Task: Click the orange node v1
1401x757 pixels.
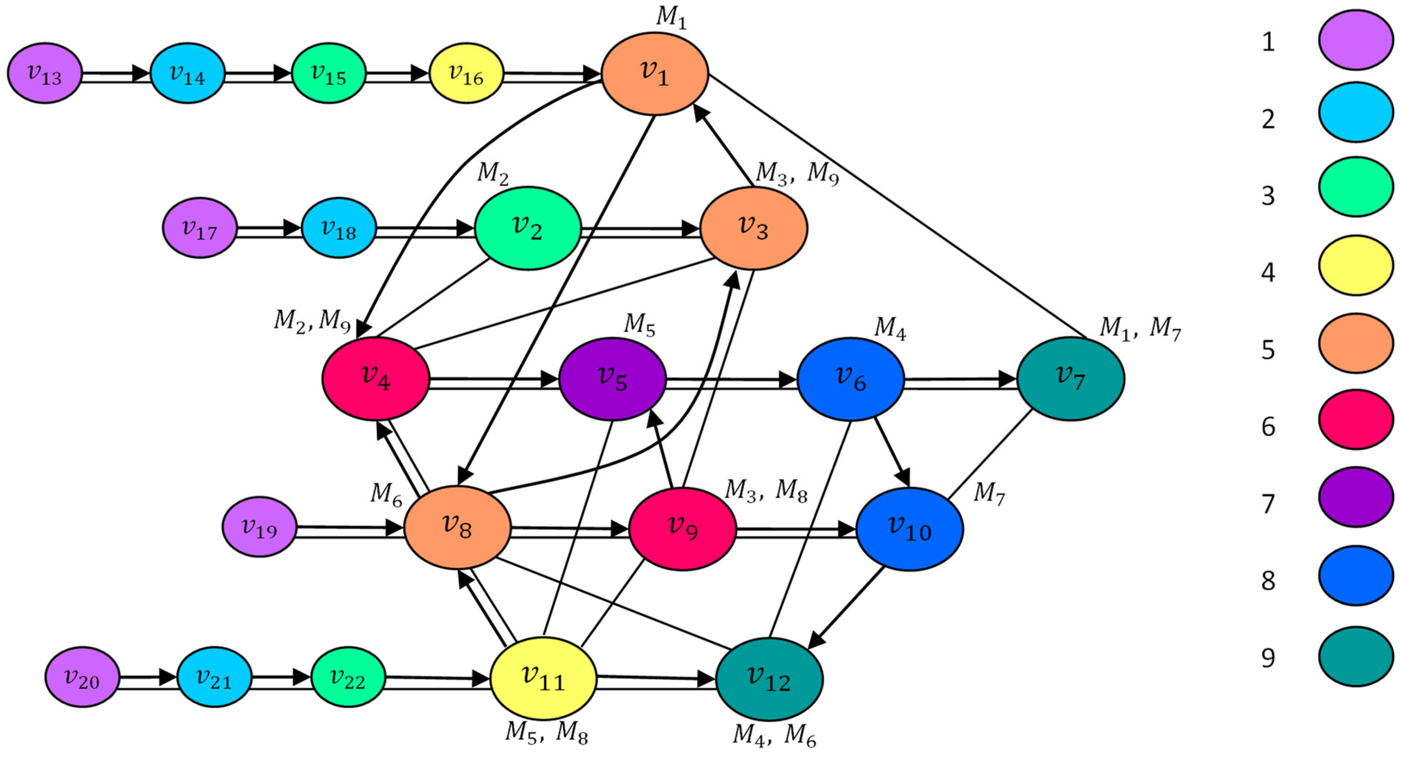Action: coord(655,74)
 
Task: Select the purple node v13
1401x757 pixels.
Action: coord(45,73)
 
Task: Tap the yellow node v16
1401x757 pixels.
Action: coord(466,73)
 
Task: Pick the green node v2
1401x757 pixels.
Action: coord(528,228)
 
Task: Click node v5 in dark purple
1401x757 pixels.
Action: coord(612,379)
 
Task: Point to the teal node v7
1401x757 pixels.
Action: coord(1070,379)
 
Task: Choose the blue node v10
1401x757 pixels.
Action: coord(909,529)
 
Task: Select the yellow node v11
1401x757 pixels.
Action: coord(543,679)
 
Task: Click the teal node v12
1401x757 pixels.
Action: coord(769,679)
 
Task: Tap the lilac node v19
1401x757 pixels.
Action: coord(260,527)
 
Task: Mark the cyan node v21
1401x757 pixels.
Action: coord(214,677)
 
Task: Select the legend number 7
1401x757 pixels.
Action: coord(1268,504)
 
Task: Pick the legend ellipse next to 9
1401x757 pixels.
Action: coord(1356,656)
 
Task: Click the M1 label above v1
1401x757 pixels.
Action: coord(671,17)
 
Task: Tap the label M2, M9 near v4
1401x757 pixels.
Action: coord(312,321)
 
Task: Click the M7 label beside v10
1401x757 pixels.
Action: coord(989,493)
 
